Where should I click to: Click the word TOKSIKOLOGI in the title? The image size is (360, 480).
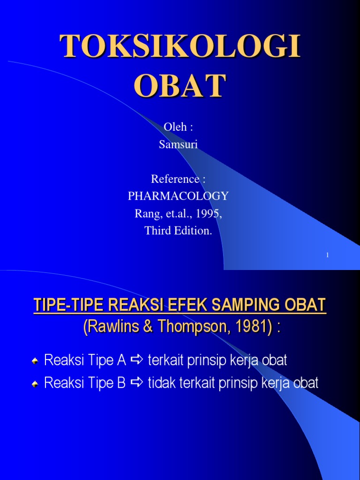(180, 49)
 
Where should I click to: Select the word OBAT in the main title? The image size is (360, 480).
(180, 85)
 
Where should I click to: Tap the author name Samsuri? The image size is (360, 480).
(178, 145)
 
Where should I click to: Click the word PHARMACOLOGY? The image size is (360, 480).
(178, 196)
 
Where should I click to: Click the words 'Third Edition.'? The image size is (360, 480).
(178, 230)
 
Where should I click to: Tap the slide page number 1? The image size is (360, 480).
(327, 255)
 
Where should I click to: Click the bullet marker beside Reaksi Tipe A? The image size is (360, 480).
(35, 361)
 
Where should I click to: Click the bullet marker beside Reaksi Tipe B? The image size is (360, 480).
(35, 384)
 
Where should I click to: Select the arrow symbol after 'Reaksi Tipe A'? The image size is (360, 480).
(137, 360)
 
